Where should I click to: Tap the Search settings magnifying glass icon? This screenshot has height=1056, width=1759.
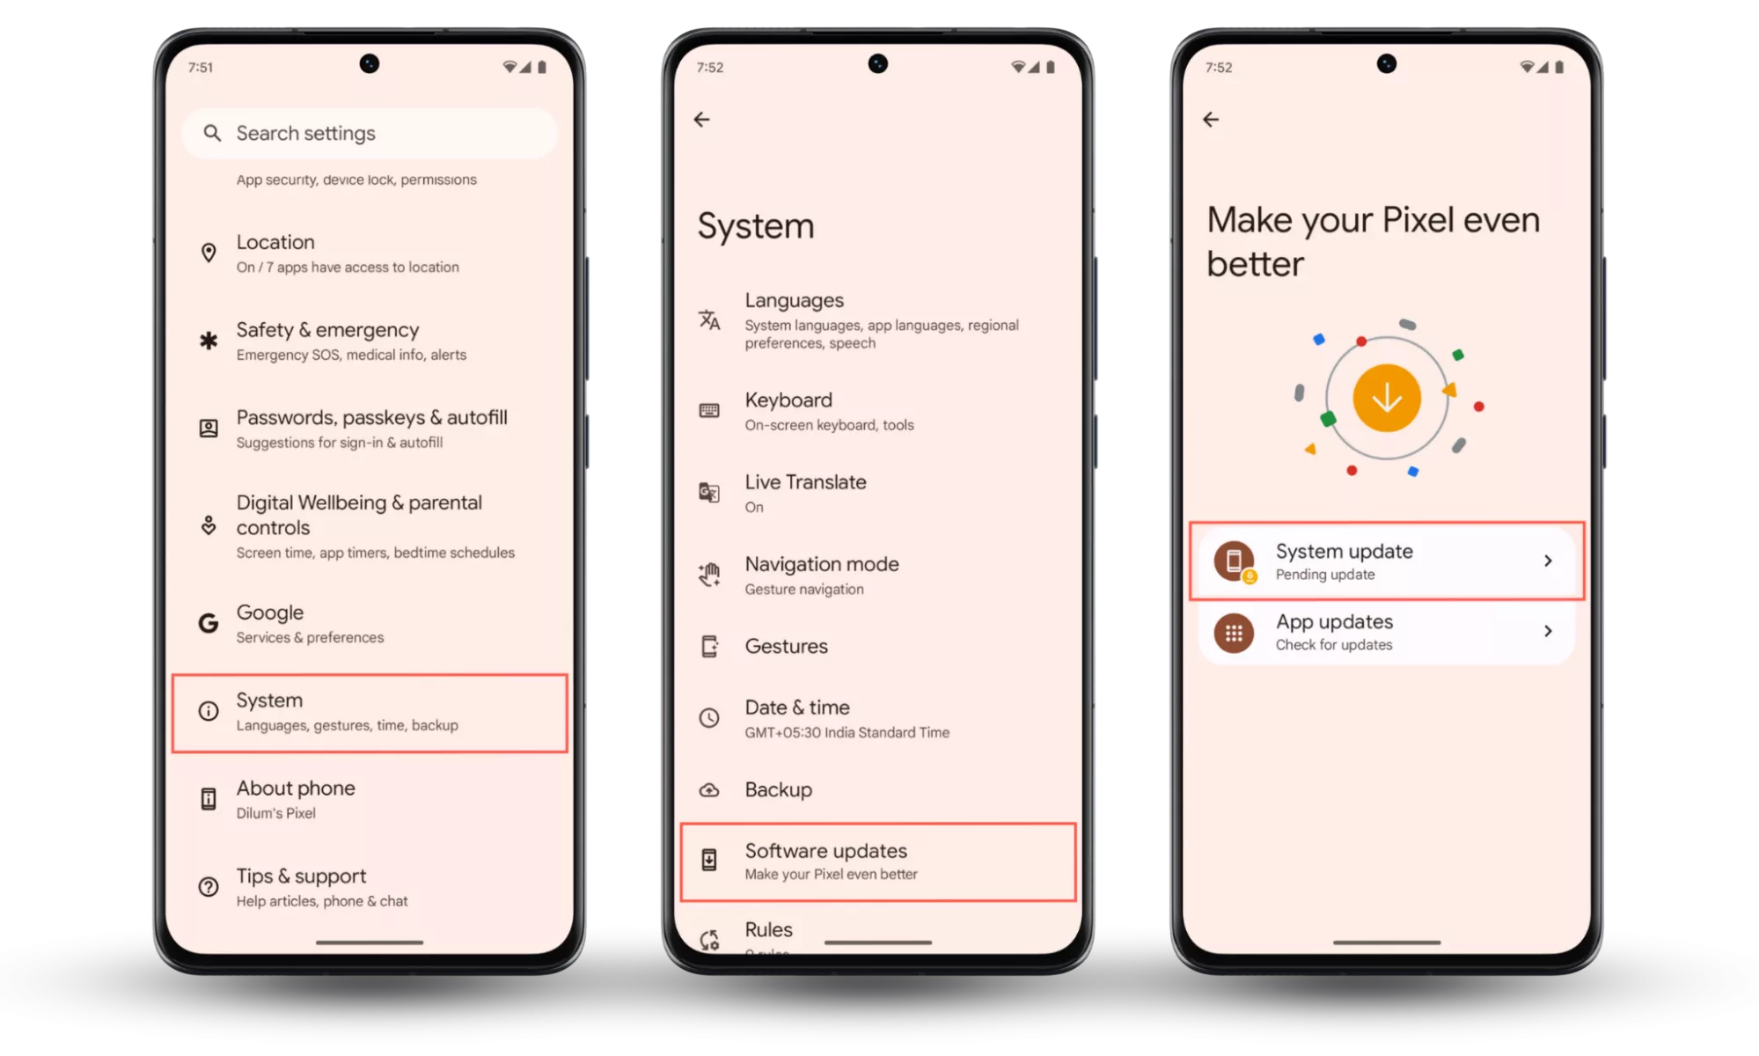pyautogui.click(x=212, y=133)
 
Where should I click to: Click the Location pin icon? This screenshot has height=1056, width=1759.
pyautogui.click(x=209, y=253)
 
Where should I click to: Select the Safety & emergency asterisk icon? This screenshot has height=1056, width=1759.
pyautogui.click(x=209, y=341)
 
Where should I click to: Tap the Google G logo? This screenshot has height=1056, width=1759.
pyautogui.click(x=209, y=623)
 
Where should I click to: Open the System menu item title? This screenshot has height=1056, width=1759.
pyautogui.click(x=269, y=700)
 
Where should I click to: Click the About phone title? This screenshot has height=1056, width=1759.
pyautogui.click(x=296, y=788)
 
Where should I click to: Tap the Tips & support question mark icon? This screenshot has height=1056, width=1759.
pyautogui.click(x=209, y=887)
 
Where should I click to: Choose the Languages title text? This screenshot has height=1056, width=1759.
pyautogui.click(x=795, y=301)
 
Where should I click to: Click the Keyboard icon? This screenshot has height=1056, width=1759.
pyautogui.click(x=709, y=411)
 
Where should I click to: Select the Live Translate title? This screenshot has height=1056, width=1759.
pyautogui.click(x=806, y=482)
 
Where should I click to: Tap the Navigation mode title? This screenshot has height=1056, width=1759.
pyautogui.click(x=822, y=564)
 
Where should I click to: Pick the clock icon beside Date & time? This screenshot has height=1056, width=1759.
pyautogui.click(x=709, y=718)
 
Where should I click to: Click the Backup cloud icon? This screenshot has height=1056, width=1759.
pyautogui.click(x=709, y=790)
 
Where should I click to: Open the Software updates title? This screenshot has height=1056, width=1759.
pyautogui.click(x=826, y=851)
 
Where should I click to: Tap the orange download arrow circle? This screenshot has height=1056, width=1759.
pyautogui.click(x=1387, y=398)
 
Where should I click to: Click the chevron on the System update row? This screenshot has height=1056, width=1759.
pyautogui.click(x=1548, y=561)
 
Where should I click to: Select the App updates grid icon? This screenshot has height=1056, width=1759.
pyautogui.click(x=1235, y=633)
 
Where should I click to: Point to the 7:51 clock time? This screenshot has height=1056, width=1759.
pyautogui.click(x=201, y=68)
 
